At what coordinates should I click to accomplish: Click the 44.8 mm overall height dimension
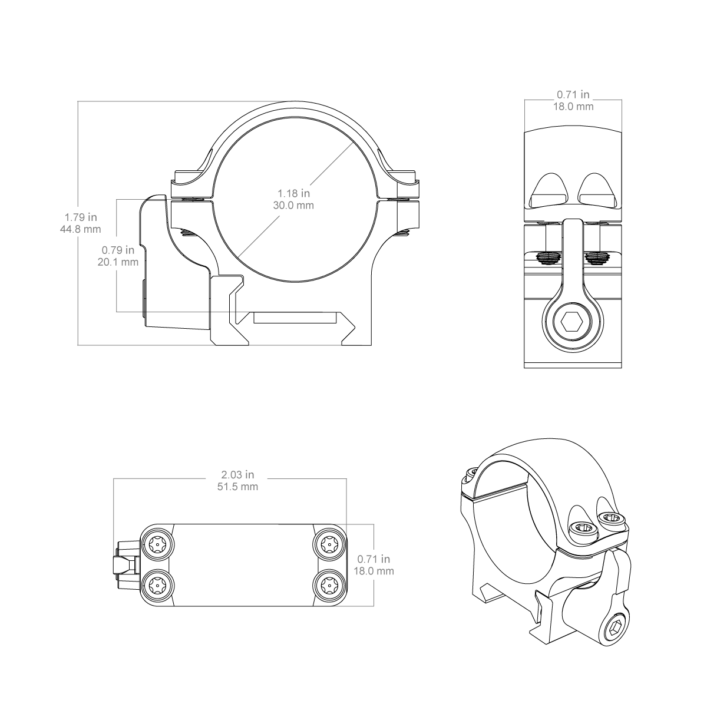(80, 229)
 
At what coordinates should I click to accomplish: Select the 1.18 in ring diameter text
(293, 193)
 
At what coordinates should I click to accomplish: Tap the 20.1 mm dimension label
(118, 262)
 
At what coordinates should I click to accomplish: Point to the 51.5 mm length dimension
(238, 487)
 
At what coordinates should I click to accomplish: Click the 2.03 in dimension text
(238, 475)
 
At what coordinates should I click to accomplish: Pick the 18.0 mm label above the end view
(573, 107)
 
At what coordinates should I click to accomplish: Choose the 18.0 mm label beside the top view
(374, 571)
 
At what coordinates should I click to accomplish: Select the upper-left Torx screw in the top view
(157, 544)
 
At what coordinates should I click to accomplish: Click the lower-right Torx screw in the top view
(329, 586)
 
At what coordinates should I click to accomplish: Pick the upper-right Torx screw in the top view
(329, 544)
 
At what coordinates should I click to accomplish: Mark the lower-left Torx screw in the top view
(157, 586)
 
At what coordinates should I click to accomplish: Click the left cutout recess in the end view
(549, 190)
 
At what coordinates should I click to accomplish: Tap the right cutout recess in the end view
(596, 190)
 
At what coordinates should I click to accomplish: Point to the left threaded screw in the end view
(548, 258)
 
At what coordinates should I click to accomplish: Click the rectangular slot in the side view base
(294, 318)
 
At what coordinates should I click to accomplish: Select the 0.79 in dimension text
(118, 250)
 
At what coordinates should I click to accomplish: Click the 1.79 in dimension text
(81, 217)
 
